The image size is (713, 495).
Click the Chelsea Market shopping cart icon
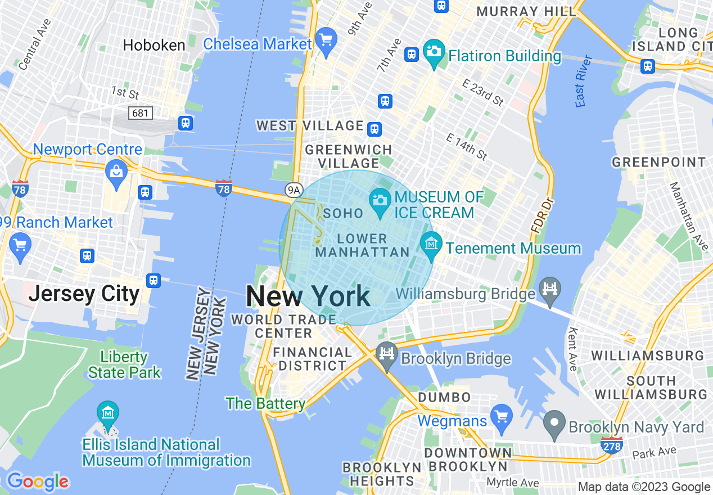pyautogui.click(x=326, y=41)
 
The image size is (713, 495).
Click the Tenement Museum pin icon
pyautogui.click(x=431, y=245)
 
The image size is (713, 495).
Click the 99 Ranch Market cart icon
pyautogui.click(x=21, y=247)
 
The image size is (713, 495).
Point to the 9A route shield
pyautogui.click(x=294, y=190)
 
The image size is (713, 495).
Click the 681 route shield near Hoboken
pyautogui.click(x=140, y=113)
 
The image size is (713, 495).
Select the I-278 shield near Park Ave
pyautogui.click(x=612, y=444)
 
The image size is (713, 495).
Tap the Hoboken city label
pyautogui.click(x=154, y=45)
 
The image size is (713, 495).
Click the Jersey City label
pyautogui.click(x=84, y=294)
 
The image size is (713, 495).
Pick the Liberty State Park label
pyautogui.click(x=124, y=364)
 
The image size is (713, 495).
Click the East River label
pyautogui.click(x=584, y=81)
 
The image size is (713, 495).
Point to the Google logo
pyautogui.click(x=37, y=481)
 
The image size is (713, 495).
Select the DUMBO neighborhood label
pyautogui.click(x=444, y=397)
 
